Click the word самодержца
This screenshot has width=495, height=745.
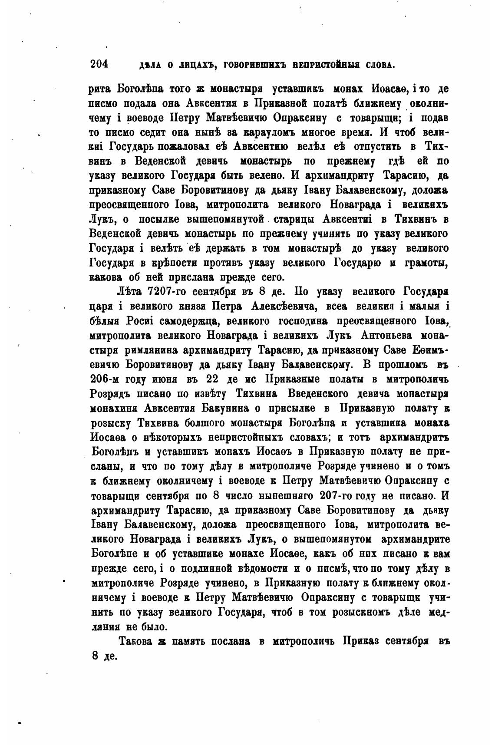tap(181, 320)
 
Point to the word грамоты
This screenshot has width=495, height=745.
tap(426, 263)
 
